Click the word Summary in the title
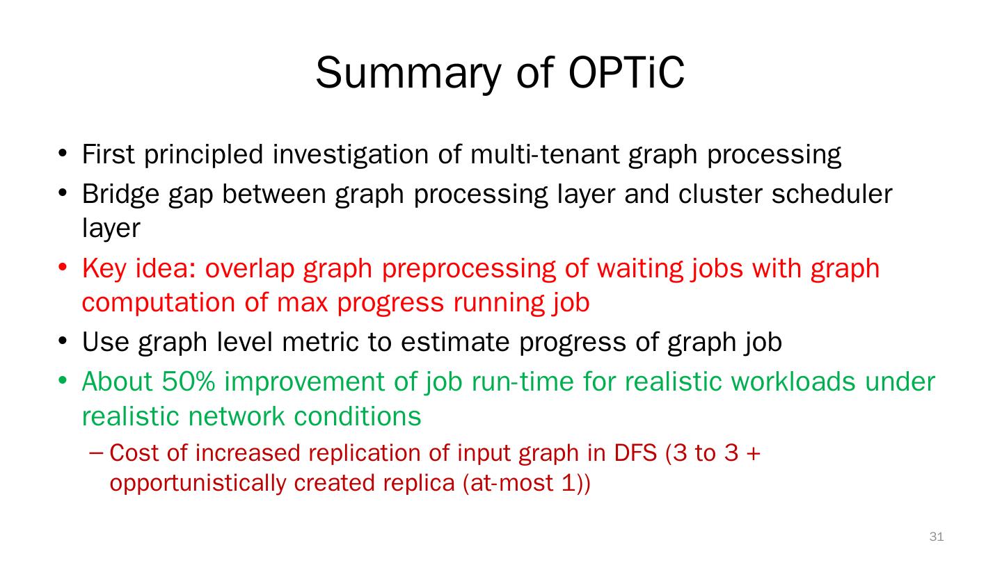click(408, 74)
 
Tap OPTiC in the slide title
click(626, 73)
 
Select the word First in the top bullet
click(108, 154)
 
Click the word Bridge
click(120, 195)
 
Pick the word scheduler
click(832, 194)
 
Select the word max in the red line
click(303, 302)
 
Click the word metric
click(320, 342)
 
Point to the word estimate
click(455, 342)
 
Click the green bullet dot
click(63, 381)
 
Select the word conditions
click(358, 416)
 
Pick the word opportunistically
click(197, 484)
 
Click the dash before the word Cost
click(96, 453)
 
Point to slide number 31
click(937, 536)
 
